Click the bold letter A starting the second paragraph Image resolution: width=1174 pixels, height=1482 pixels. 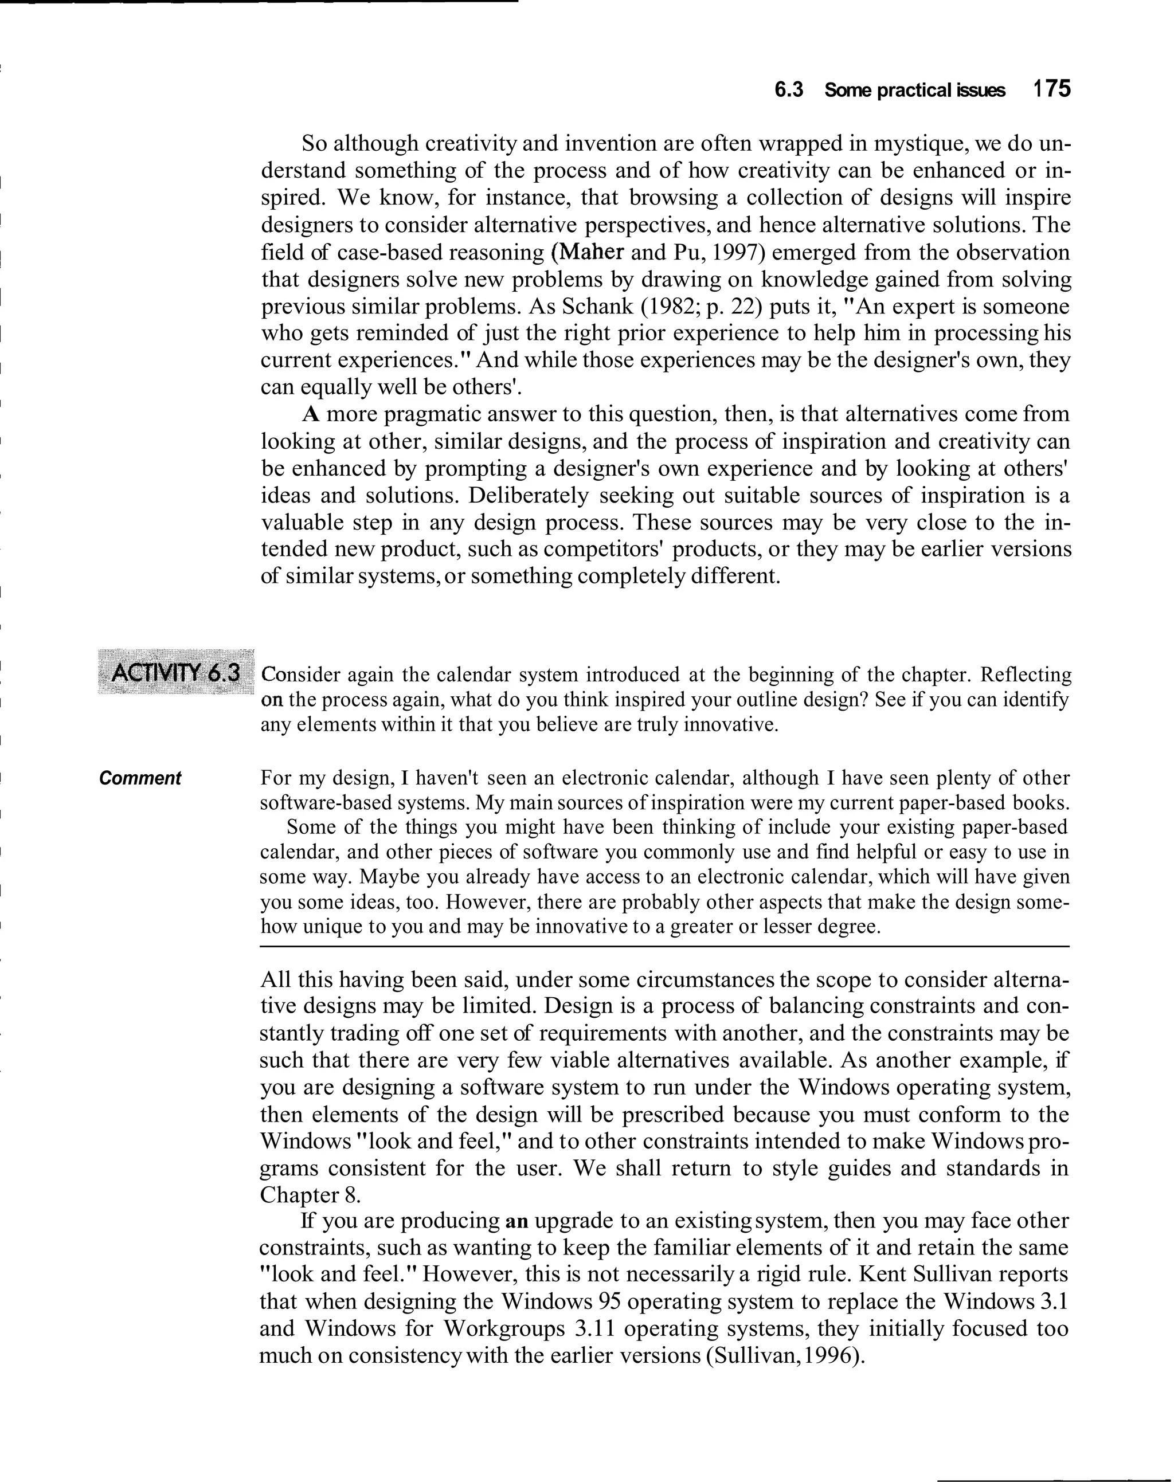(x=311, y=415)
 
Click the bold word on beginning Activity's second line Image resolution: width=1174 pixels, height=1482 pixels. (x=272, y=700)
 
